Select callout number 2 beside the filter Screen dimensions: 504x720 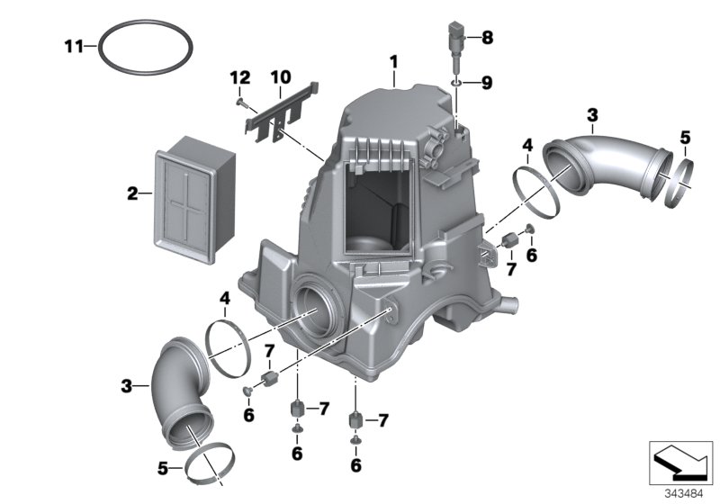132,193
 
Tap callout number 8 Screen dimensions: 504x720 487,38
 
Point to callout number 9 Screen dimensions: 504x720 487,83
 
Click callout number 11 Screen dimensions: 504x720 76,46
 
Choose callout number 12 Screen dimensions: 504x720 240,80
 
